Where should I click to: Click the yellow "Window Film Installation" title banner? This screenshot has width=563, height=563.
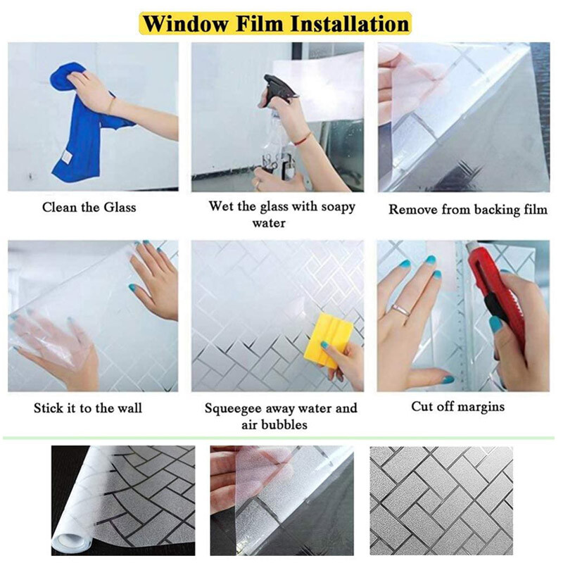[275, 24]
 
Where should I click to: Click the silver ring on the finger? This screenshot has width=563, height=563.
[401, 310]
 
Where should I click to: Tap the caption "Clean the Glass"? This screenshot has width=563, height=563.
[89, 207]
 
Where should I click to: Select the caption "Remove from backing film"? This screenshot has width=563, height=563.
[468, 209]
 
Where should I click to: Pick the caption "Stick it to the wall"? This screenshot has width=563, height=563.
[88, 408]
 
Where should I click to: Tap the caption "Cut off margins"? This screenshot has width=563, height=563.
[458, 407]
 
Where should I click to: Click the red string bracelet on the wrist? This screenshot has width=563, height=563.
[304, 139]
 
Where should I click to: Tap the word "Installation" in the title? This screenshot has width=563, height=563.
[349, 24]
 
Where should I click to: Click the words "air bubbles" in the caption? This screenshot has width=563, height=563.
[274, 425]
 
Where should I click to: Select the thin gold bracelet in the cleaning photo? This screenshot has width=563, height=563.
[112, 104]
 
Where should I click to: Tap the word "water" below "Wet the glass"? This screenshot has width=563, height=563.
[269, 223]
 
